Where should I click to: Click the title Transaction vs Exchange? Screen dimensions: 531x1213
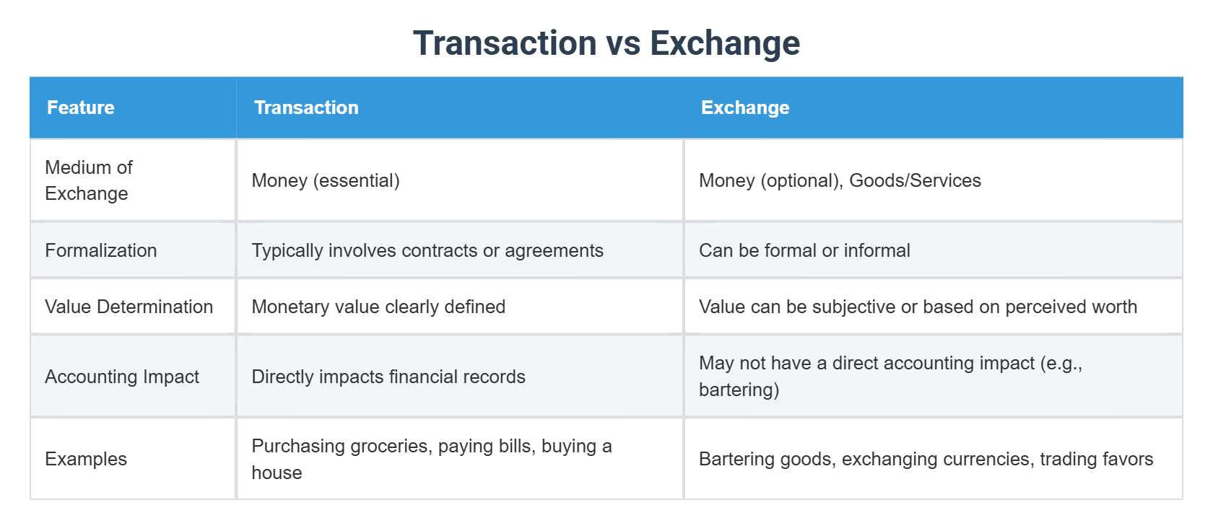click(x=606, y=43)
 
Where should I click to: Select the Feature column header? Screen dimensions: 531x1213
click(x=81, y=107)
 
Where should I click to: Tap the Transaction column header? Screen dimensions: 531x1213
click(x=306, y=107)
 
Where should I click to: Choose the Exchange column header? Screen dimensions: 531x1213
click(x=745, y=107)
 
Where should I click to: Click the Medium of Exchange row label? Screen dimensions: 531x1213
click(x=89, y=180)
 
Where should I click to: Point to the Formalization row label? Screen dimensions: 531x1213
click(x=101, y=250)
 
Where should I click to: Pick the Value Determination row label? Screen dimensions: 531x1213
click(x=129, y=307)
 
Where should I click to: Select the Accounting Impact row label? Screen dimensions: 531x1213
click(x=122, y=377)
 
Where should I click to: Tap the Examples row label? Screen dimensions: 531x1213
click(x=86, y=459)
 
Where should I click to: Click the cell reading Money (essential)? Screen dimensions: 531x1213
click(x=326, y=180)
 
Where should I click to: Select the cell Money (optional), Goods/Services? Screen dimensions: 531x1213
click(x=840, y=180)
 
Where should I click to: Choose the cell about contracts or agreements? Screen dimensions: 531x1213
click(x=427, y=250)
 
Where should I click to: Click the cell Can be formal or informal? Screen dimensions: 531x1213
click(x=804, y=250)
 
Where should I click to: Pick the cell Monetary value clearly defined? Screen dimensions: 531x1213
click(x=378, y=307)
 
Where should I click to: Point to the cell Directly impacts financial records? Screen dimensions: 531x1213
click(x=388, y=377)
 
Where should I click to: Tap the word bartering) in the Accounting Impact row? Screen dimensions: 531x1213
click(x=739, y=390)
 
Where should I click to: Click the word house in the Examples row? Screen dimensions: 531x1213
click(x=277, y=473)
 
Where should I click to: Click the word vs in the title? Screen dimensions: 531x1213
click(x=623, y=43)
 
